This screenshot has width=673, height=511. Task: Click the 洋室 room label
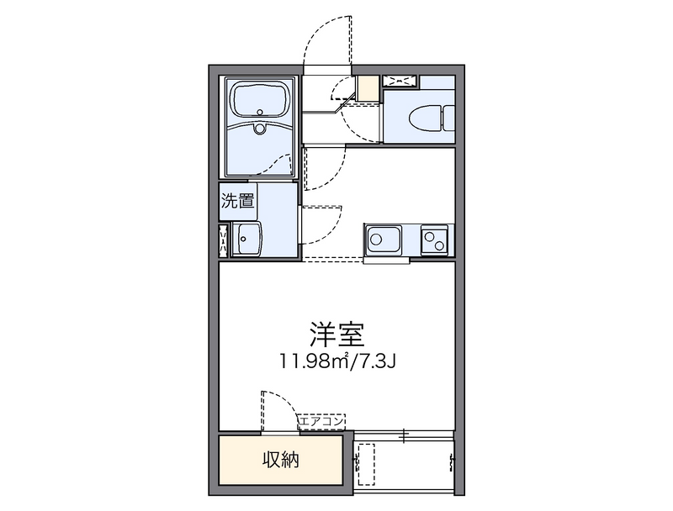[x=337, y=334]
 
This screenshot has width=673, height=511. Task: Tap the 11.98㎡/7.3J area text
[x=337, y=361]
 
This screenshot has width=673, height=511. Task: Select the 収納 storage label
[x=281, y=460]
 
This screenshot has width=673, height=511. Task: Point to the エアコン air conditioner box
[x=322, y=421]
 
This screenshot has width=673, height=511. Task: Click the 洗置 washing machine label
[x=237, y=201]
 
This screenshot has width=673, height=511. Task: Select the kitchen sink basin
[x=384, y=240]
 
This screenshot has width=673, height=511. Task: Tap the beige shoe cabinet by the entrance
[x=368, y=88]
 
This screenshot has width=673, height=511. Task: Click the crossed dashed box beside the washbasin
[x=223, y=240]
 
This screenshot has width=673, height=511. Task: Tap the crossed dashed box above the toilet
[x=399, y=81]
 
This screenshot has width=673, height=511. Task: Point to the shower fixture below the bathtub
[x=259, y=128]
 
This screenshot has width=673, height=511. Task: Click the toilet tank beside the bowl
[x=449, y=118]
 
